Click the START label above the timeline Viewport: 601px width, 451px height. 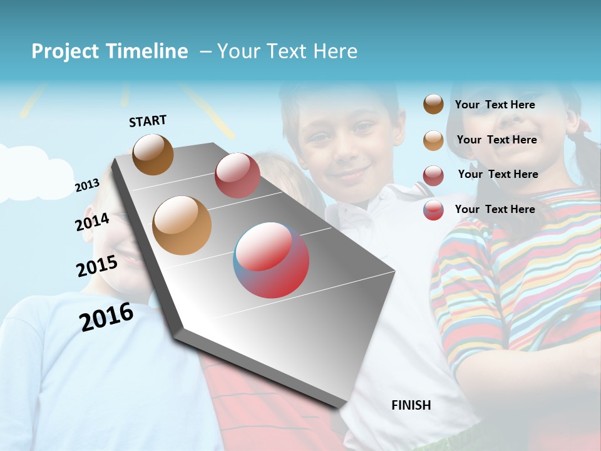(x=148, y=121)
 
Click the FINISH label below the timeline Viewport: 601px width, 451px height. (x=411, y=405)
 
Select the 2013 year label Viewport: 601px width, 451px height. (x=87, y=185)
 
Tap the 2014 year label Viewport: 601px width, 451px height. (x=92, y=222)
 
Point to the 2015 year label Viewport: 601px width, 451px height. (x=96, y=266)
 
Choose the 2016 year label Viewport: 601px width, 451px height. (x=106, y=317)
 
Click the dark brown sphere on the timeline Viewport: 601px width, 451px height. (x=153, y=154)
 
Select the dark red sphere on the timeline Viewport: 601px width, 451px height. (x=237, y=175)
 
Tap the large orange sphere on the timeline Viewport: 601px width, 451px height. (x=182, y=225)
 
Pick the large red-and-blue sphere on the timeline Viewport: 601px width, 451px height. (x=272, y=260)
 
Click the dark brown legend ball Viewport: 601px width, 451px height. (x=433, y=105)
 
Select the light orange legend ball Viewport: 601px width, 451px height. (x=433, y=140)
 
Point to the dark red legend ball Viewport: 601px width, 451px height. (x=433, y=175)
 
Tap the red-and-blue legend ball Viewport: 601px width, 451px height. (x=433, y=210)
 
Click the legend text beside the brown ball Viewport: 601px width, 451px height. (x=495, y=105)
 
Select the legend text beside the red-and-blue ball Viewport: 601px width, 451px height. (x=495, y=209)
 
